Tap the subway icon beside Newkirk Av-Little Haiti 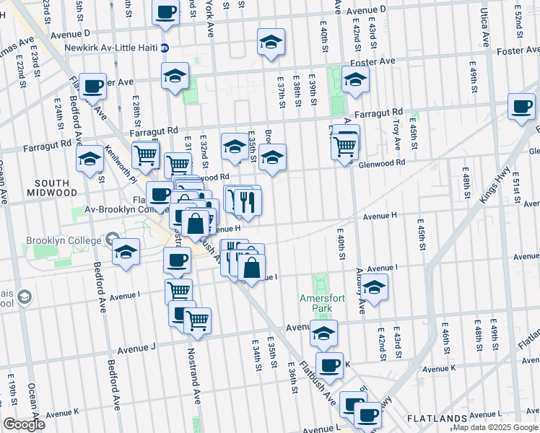(x=165, y=48)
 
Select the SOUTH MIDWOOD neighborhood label (x=51, y=187)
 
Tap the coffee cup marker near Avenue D (x=166, y=12)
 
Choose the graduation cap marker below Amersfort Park (x=324, y=333)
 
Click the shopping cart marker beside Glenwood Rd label (x=345, y=146)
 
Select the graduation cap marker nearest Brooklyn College (x=126, y=253)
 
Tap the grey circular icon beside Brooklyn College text (x=111, y=238)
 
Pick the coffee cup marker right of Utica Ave (x=521, y=108)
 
